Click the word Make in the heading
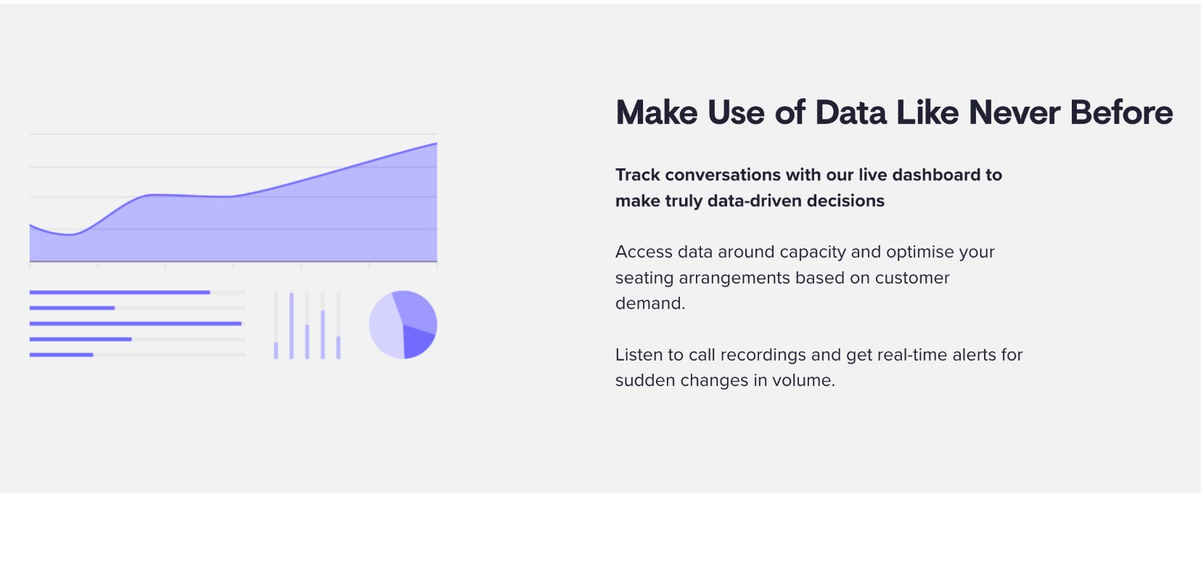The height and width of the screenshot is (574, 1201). (x=656, y=112)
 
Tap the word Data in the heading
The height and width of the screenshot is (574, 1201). (x=851, y=112)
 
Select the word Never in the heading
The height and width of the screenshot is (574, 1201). (x=1015, y=112)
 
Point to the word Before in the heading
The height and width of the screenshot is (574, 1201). (x=1122, y=112)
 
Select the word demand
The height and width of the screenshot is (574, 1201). (x=650, y=303)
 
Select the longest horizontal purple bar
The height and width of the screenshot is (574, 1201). (x=136, y=324)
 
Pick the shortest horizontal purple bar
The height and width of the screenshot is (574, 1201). (x=61, y=355)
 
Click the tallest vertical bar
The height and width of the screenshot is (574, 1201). (x=291, y=325)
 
